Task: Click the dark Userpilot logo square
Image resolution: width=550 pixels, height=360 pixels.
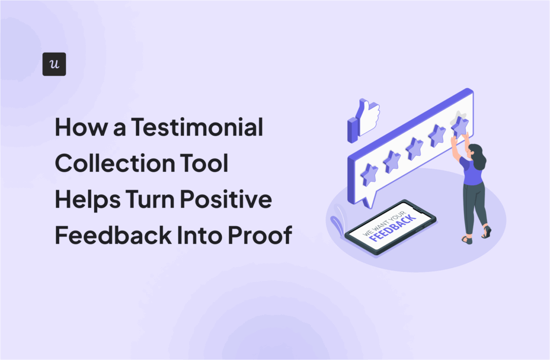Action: click(54, 64)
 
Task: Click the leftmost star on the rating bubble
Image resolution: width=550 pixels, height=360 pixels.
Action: click(369, 174)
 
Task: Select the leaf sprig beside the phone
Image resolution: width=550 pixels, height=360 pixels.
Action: click(336, 223)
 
